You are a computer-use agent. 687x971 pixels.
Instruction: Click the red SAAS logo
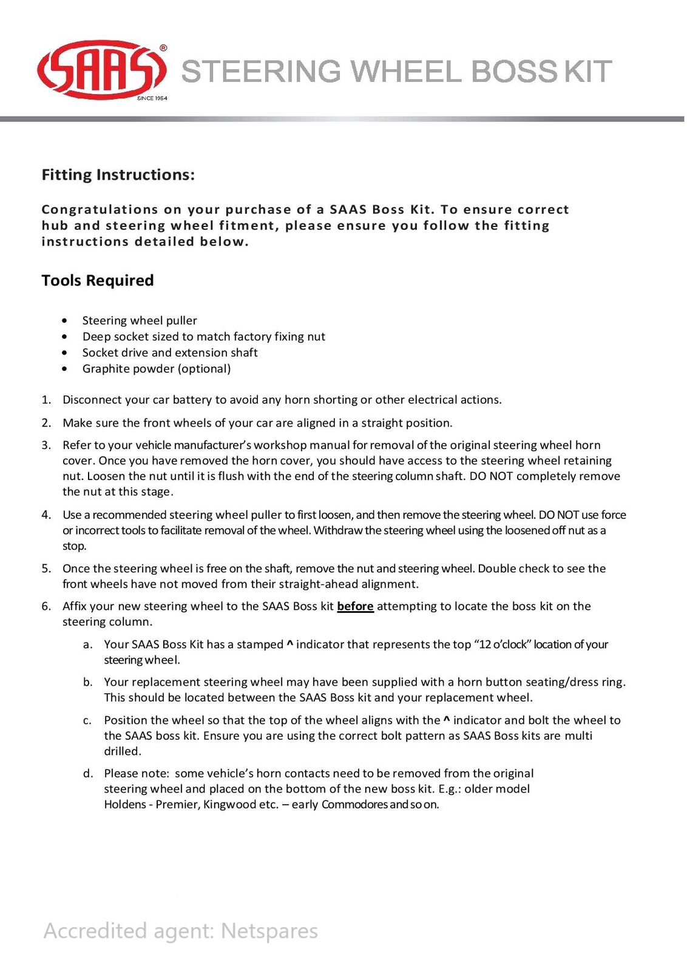(101, 70)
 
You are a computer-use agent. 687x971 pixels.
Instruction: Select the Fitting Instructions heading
(118, 175)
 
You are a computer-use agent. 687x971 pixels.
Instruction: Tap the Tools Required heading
(98, 280)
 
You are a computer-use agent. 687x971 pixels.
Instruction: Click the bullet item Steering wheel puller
(140, 320)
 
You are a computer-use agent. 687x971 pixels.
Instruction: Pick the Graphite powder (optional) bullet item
(157, 368)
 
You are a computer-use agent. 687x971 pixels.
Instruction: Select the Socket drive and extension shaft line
(170, 353)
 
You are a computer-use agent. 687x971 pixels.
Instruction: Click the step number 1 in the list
(46, 400)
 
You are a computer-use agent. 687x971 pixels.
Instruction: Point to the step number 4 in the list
(46, 515)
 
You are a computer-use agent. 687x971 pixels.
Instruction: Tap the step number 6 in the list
(46, 606)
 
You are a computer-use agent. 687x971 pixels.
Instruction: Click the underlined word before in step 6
(355, 606)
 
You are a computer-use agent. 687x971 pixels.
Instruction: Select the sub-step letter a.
(87, 645)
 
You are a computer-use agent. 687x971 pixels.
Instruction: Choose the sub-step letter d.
(88, 773)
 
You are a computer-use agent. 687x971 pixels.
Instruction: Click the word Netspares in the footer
(269, 930)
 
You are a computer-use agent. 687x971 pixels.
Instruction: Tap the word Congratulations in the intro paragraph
(100, 209)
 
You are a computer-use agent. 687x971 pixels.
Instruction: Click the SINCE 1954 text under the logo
(152, 98)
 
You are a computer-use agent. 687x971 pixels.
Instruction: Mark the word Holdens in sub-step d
(125, 805)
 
